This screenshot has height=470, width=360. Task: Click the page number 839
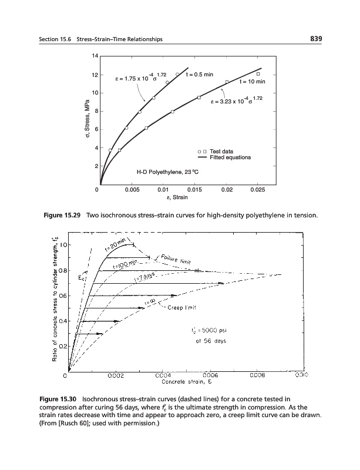tap(317, 39)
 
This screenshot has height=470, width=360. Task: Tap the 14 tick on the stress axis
tap(93, 56)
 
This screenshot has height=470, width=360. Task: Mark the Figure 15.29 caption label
tap(63, 216)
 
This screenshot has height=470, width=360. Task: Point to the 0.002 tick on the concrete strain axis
tap(115, 374)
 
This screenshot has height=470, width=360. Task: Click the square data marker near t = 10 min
tap(258, 74)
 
